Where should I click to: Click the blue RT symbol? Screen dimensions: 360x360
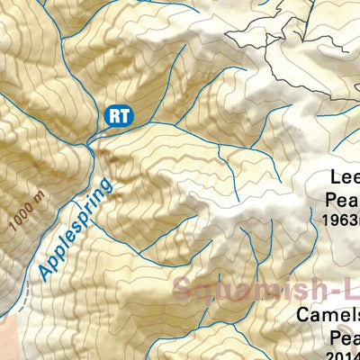pos(118,114)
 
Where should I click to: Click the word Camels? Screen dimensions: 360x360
pos(329,317)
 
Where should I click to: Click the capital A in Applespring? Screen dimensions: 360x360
pos(44,272)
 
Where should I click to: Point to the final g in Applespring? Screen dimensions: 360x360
pos(109,186)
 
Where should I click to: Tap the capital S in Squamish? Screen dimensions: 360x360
pos(184,291)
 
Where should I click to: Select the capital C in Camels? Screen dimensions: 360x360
pos(306,317)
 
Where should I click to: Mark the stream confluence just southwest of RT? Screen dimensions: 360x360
pos(87,145)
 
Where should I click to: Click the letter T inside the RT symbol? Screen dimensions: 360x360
pos(122,114)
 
